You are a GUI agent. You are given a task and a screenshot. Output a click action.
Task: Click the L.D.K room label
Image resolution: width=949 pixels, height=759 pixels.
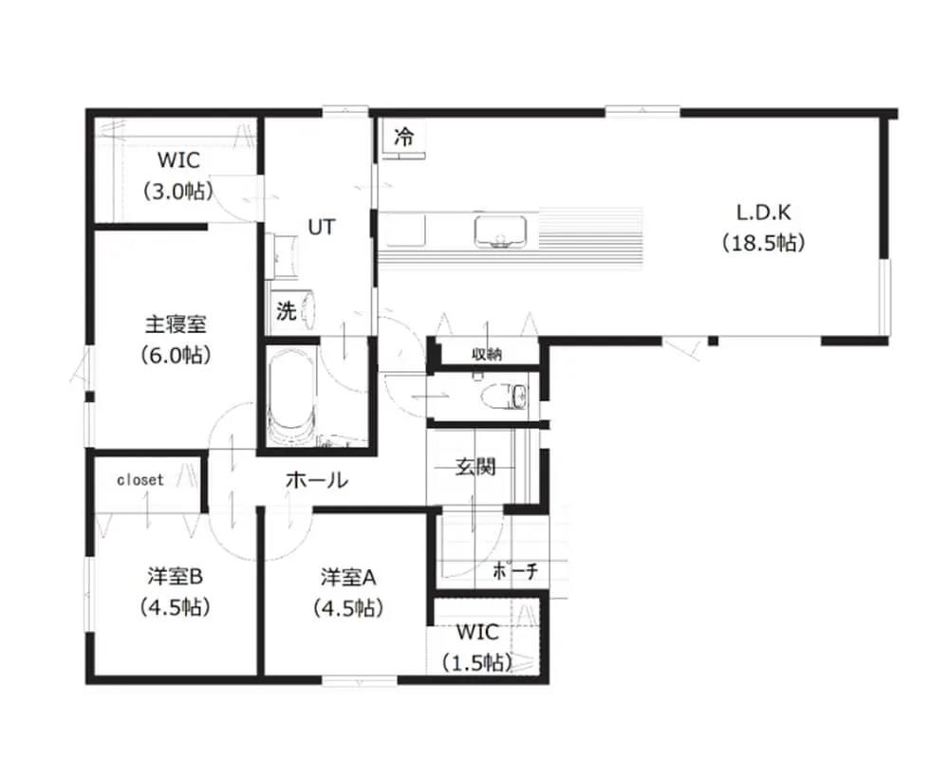click(763, 213)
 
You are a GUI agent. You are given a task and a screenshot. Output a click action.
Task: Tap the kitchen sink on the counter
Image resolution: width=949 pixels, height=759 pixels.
click(500, 232)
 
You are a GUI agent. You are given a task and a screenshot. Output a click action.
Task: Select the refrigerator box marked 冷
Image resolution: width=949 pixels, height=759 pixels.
click(403, 138)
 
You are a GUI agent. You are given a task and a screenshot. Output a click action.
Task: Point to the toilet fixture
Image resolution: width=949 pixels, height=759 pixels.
click(504, 397)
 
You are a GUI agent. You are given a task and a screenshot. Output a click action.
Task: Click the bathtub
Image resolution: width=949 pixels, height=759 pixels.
click(290, 398)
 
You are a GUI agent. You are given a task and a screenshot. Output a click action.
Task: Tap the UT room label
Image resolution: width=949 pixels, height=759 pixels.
click(321, 227)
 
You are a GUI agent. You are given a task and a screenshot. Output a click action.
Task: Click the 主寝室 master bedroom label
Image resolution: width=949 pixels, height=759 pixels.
click(176, 324)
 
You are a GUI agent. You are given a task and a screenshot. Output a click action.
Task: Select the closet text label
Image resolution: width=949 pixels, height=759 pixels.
click(140, 480)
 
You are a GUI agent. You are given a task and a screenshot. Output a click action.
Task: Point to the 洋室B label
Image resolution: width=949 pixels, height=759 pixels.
click(175, 576)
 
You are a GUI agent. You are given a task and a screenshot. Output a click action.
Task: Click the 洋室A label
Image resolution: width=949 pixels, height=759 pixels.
click(348, 578)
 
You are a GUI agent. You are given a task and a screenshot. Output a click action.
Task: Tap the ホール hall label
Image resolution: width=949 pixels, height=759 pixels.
click(317, 480)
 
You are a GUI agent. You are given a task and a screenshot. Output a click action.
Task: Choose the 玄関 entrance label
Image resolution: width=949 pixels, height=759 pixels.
click(475, 467)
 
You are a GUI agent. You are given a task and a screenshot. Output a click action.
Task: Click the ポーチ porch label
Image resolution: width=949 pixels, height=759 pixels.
click(515, 570)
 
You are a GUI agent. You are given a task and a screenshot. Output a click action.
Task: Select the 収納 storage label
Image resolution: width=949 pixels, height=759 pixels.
click(487, 354)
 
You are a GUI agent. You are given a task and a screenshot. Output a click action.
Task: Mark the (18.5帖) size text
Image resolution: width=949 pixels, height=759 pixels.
click(763, 243)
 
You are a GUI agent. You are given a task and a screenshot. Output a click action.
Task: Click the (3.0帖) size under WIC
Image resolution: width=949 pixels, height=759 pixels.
click(178, 192)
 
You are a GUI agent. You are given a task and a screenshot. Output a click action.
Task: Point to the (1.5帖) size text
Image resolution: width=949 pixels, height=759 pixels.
click(477, 663)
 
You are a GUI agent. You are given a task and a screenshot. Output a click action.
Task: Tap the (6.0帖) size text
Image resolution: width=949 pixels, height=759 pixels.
click(176, 355)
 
